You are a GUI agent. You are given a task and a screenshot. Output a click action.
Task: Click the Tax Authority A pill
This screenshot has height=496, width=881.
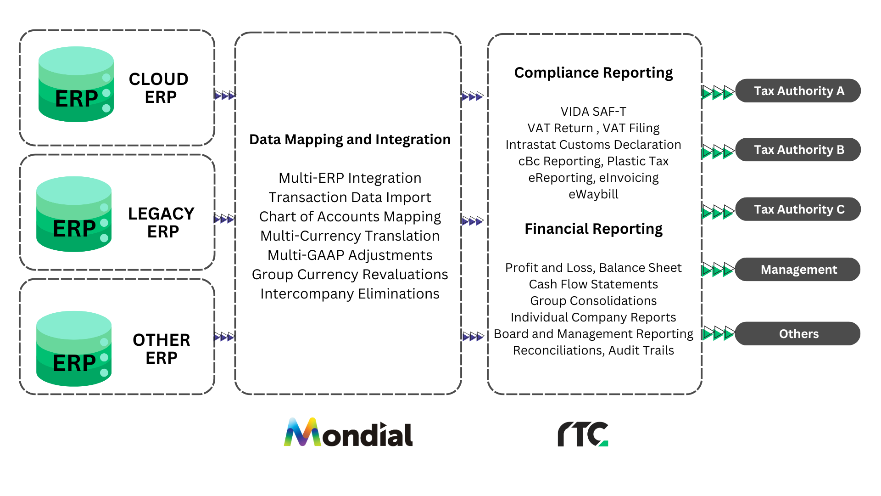coord(798,91)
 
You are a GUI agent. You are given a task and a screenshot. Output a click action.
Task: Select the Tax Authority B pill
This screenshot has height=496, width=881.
coord(798,150)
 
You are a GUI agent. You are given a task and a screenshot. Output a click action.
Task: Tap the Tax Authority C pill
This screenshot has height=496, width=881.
coord(798,209)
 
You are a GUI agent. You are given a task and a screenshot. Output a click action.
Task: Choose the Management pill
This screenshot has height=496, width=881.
coord(798,270)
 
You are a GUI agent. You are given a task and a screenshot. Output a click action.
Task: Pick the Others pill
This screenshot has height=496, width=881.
coord(798,334)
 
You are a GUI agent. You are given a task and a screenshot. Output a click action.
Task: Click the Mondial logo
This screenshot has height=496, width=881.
coord(348,433)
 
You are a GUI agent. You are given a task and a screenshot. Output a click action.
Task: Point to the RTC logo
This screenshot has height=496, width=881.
coord(583,434)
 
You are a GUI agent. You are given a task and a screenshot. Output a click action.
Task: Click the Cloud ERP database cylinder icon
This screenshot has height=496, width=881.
coord(76,85)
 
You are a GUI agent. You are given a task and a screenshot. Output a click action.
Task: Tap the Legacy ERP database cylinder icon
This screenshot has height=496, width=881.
coord(74,214)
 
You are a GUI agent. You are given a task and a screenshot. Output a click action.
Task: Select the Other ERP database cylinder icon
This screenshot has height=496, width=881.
coord(74,349)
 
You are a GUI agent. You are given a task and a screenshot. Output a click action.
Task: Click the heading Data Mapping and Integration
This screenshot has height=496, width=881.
coord(350,140)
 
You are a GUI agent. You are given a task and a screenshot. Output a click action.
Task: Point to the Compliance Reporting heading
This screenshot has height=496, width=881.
coord(593,73)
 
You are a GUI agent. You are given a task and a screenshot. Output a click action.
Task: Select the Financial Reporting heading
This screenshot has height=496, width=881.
coord(593,229)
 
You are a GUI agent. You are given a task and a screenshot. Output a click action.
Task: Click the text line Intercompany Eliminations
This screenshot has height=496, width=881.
coord(350,294)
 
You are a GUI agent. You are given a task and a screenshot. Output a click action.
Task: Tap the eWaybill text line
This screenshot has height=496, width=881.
coord(593,194)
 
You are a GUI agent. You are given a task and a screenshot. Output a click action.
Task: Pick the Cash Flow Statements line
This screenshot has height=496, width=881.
coord(593,284)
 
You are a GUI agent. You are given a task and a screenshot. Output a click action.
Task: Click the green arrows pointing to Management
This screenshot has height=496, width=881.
coord(718,270)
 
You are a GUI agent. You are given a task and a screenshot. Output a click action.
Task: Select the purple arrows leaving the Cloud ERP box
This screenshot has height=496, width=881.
coord(225,96)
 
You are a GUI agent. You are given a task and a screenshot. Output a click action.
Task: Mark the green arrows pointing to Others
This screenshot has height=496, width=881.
coord(719,333)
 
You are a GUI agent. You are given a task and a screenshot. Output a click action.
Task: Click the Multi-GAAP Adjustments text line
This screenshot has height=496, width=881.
coord(350,255)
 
